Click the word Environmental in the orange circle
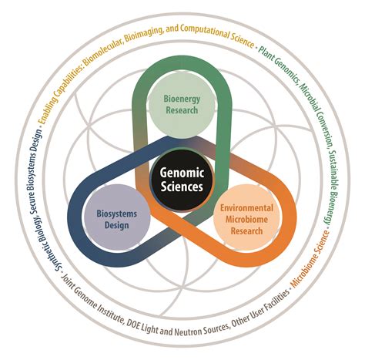coord(246,209)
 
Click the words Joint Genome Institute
coord(89,307)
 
